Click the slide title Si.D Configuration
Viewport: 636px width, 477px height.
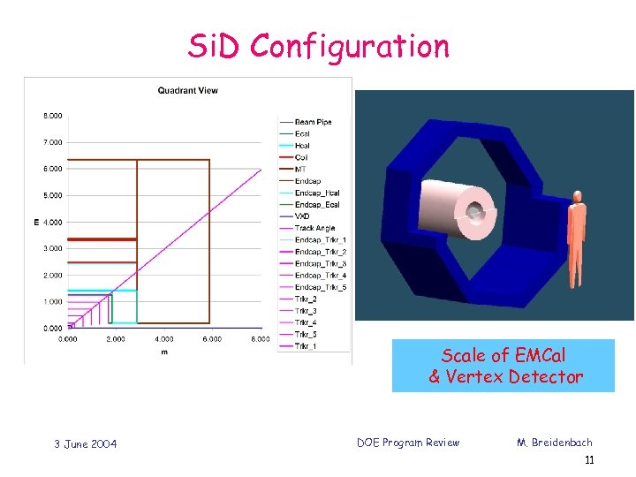pyautogui.click(x=318, y=46)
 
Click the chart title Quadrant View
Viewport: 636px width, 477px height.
pyautogui.click(x=187, y=90)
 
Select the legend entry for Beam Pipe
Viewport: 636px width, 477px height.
pyautogui.click(x=314, y=122)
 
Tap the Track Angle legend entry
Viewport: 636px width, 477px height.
pyautogui.click(x=315, y=228)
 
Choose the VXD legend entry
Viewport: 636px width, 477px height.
pyautogui.click(x=303, y=216)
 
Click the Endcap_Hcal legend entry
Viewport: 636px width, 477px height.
pyautogui.click(x=317, y=193)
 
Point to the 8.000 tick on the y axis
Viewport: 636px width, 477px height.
pyautogui.click(x=53, y=116)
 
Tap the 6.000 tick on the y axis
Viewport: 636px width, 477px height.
pyautogui.click(x=53, y=169)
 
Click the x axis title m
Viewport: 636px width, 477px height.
pyautogui.click(x=163, y=352)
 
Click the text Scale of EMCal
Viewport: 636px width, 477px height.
pyautogui.click(x=503, y=355)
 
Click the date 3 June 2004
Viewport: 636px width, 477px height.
pyautogui.click(x=84, y=443)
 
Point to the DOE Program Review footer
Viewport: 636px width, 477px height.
pyautogui.click(x=408, y=443)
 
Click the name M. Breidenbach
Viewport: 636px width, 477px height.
pyautogui.click(x=555, y=443)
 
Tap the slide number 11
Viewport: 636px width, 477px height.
pyautogui.click(x=588, y=460)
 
